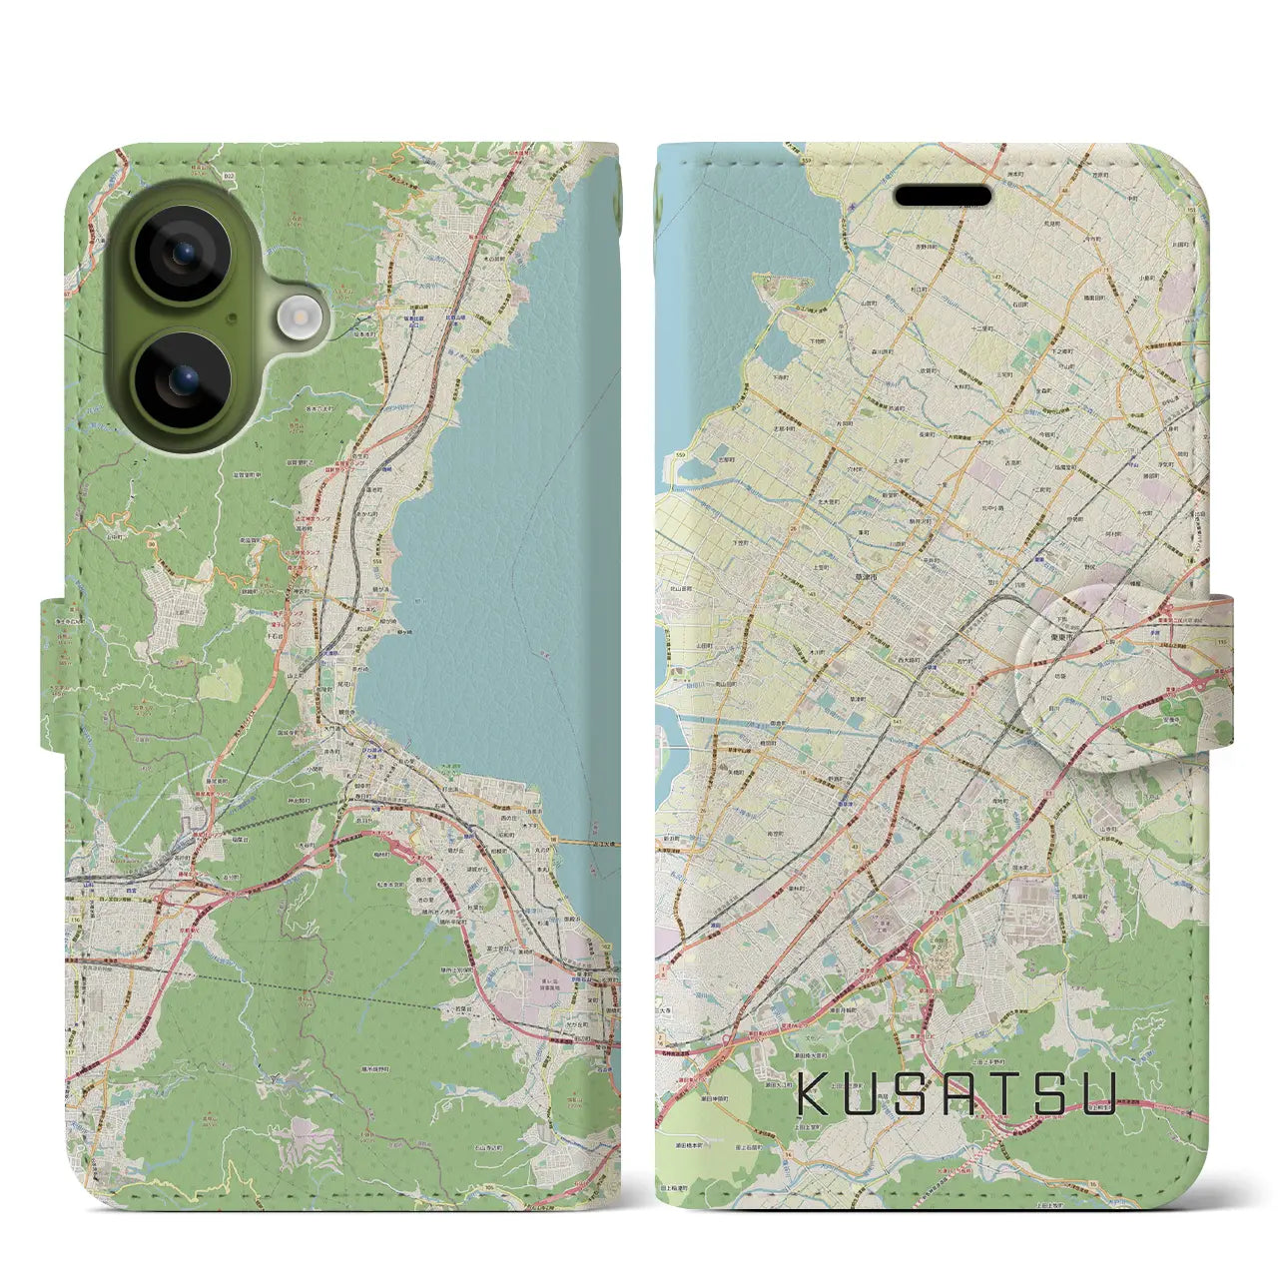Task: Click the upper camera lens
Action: point(183,254)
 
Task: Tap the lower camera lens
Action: point(183,380)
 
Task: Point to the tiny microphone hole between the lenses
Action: point(232,318)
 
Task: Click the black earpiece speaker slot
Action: point(942,196)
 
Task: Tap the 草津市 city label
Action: point(865,578)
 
